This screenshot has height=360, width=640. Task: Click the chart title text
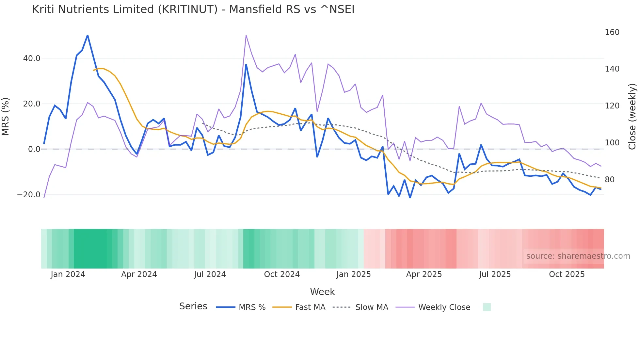pos(193,9)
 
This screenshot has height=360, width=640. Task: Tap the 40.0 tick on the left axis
pos(31,58)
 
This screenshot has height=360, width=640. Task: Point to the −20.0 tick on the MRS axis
pos(29,195)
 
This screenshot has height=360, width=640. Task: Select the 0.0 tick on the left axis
pos(34,149)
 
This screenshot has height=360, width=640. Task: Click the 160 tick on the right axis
pos(612,32)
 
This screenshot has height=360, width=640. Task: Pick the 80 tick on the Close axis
pos(610,180)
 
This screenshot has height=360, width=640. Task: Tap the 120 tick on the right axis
pos(612,106)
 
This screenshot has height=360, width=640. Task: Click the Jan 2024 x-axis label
pos(68,274)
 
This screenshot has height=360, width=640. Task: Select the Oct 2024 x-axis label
pos(282,274)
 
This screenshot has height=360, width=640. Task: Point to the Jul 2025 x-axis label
pos(495,274)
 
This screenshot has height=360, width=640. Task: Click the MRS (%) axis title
pos(6,116)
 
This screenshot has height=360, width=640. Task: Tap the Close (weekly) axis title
pos(632,116)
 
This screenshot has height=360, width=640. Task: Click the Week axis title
pos(322,292)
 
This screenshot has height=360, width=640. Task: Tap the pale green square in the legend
pos(487,307)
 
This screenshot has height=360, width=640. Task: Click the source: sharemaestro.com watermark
pos(578,256)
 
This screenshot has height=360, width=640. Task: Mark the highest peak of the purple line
pos(246,35)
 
